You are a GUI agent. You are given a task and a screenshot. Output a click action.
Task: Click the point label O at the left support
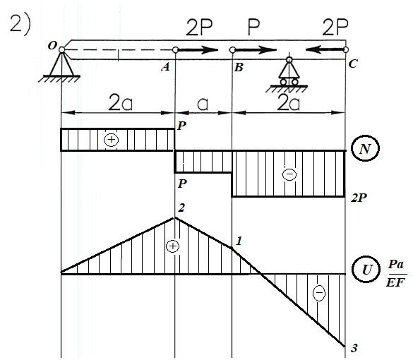point(52,46)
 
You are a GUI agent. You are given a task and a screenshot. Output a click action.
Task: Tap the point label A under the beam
point(165,68)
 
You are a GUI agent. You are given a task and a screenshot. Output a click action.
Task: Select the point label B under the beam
point(239,68)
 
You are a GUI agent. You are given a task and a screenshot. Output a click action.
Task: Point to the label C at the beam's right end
point(353,64)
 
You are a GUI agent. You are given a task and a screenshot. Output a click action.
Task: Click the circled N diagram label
point(365,148)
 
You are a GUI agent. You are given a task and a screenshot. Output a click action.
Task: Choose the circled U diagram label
point(366,270)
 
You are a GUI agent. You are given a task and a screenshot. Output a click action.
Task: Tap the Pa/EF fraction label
point(396,273)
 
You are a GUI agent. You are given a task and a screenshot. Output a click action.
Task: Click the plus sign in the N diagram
point(111,140)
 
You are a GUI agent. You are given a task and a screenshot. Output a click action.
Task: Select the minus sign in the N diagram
point(289,174)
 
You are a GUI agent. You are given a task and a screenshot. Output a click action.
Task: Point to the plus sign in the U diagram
point(172,246)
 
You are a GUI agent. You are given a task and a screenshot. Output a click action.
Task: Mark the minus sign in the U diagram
point(318,292)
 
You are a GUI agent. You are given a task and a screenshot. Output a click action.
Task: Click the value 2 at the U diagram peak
point(181,208)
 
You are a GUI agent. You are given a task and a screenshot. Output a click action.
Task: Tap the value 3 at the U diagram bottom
point(354,348)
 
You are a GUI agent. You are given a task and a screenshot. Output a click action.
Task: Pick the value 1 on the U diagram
point(239,241)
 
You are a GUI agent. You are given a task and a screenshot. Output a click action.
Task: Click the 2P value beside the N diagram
point(359,198)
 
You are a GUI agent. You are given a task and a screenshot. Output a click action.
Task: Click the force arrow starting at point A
point(197,50)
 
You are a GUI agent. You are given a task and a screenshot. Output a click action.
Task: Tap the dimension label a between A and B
point(203,104)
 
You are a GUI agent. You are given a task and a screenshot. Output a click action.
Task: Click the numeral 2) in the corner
point(20,24)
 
